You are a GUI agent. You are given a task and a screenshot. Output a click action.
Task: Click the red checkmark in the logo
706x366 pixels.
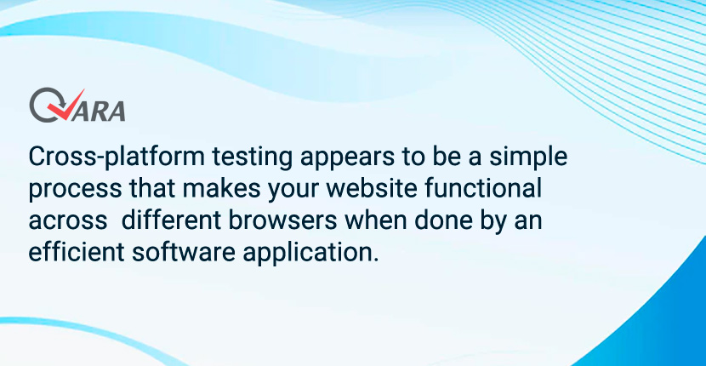click(x=67, y=108)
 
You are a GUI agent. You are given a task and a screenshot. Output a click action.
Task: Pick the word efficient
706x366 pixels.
click(x=76, y=251)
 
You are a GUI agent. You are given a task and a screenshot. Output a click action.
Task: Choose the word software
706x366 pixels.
click(x=183, y=251)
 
